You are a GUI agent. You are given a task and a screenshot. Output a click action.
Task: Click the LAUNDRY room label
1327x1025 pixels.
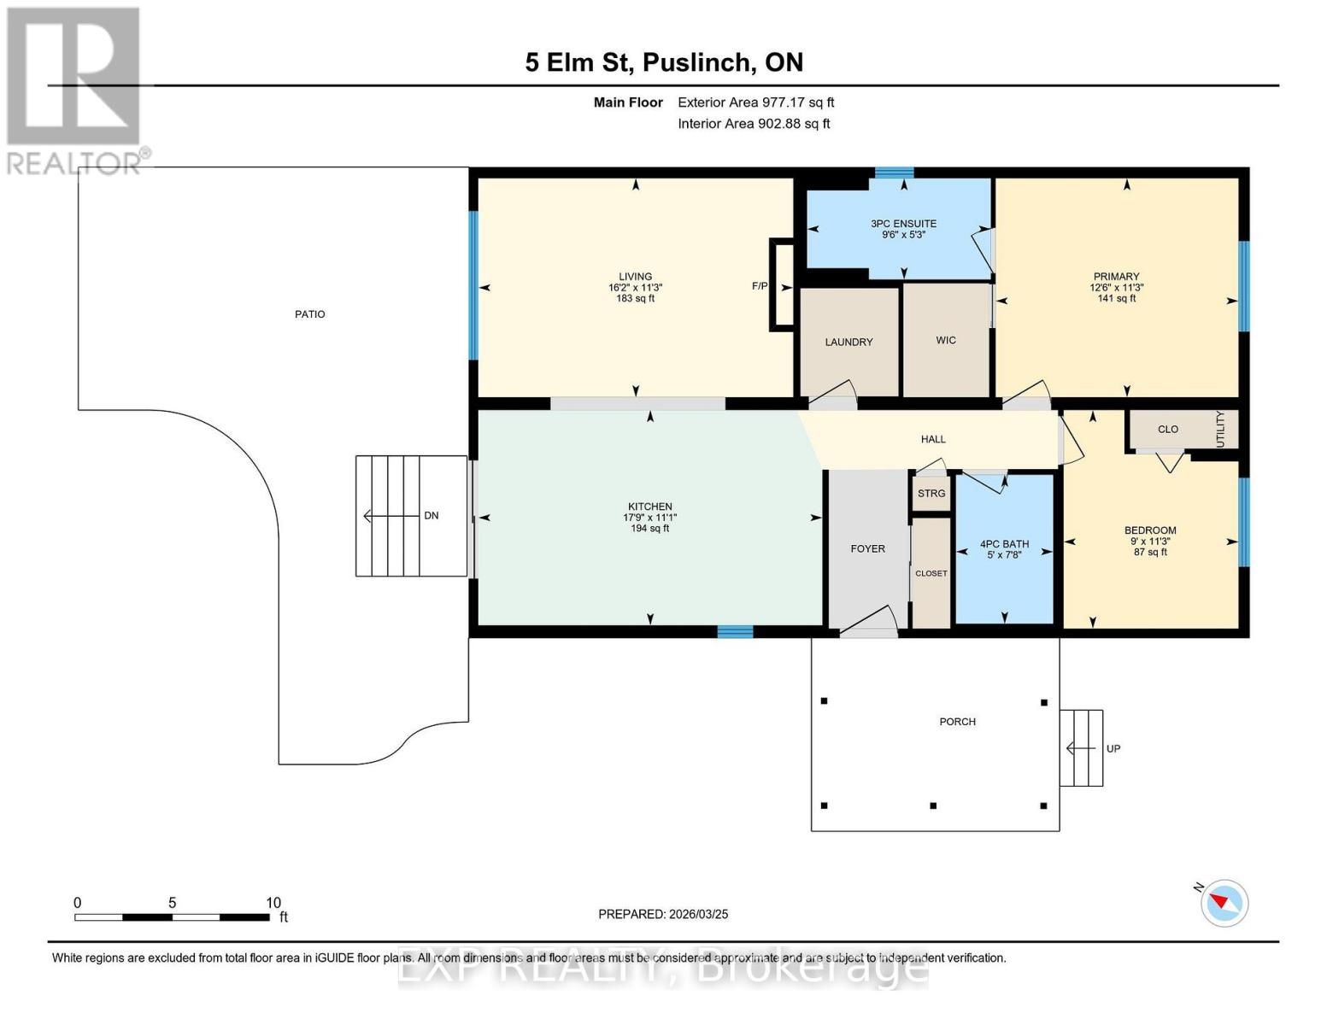[848, 342]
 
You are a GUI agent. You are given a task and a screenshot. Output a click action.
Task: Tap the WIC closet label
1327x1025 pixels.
[945, 340]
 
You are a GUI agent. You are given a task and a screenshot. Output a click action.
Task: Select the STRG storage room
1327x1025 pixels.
[931, 493]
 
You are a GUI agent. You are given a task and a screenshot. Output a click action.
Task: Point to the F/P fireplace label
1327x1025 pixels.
[760, 285]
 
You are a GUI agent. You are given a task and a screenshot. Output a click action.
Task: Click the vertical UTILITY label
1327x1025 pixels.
[1220, 429]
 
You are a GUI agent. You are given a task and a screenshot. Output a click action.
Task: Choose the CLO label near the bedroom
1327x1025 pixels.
[1167, 429]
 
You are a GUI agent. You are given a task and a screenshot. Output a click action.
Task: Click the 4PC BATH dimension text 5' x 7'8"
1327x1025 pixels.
[1004, 555]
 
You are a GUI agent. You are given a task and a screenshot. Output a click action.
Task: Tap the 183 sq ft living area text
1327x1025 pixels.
[635, 298]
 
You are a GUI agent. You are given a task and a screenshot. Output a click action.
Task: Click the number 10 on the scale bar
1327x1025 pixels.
[273, 902]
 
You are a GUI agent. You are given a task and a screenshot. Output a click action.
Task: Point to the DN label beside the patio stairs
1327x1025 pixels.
[432, 515]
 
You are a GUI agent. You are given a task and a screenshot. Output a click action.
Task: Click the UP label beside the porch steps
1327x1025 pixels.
[1113, 748]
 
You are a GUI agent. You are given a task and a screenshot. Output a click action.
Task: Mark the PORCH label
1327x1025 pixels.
[957, 722]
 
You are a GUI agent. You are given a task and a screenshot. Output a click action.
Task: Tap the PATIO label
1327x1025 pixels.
[309, 313]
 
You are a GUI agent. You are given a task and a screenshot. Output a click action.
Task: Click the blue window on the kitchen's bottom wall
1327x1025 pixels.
[735, 632]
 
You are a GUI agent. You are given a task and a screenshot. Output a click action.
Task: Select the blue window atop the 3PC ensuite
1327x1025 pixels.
[894, 173]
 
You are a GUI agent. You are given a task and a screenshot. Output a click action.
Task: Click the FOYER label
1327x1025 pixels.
[867, 549]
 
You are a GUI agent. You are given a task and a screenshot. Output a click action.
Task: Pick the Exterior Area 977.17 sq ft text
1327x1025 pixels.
[755, 102]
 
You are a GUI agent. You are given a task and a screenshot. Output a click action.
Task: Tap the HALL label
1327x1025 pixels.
[932, 439]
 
